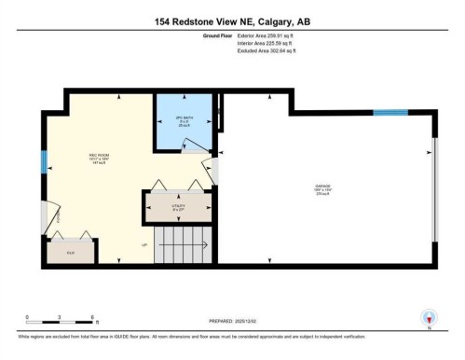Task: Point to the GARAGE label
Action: tap(323, 189)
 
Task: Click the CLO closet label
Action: tap(70, 254)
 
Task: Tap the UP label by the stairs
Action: tap(144, 246)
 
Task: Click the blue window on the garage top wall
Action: tap(390, 113)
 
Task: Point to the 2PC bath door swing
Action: tap(192, 145)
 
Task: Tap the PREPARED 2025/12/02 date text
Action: tap(232, 324)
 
